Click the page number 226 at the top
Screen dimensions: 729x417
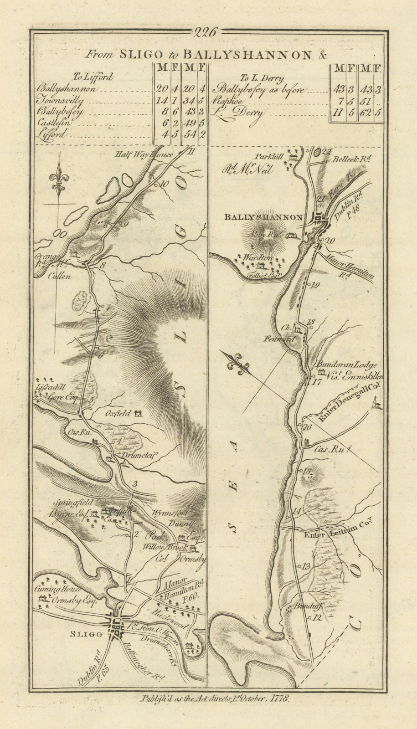point(207,32)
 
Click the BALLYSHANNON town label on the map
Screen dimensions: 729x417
point(263,217)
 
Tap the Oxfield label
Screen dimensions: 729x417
point(118,414)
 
